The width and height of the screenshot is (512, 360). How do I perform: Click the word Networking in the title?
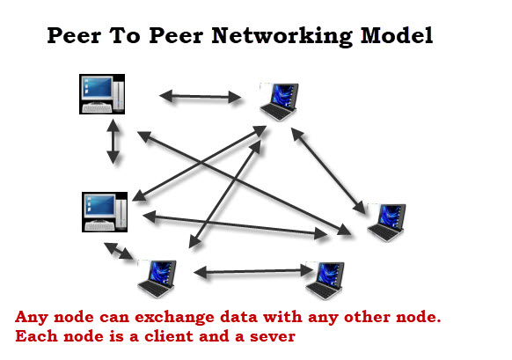[x=282, y=36]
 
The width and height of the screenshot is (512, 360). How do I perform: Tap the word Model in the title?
[x=397, y=35]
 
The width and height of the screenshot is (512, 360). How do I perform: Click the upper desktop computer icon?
[x=102, y=94]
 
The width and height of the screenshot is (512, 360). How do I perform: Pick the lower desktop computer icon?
[x=105, y=212]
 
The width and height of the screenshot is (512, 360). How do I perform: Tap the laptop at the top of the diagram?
[x=280, y=102]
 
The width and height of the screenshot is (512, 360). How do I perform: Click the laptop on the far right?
[x=386, y=223]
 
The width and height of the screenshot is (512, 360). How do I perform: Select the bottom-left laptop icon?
[x=157, y=279]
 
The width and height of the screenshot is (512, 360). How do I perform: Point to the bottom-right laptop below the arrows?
[x=325, y=280]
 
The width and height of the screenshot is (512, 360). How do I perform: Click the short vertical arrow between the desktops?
[x=113, y=142]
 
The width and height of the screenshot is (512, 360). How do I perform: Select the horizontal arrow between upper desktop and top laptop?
[x=201, y=97]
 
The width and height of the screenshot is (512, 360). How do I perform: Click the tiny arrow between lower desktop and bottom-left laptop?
[x=118, y=251]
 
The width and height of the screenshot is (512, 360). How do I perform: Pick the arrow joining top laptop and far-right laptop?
[x=328, y=171]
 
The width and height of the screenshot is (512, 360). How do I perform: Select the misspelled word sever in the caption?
[x=273, y=337]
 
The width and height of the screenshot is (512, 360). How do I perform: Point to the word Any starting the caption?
[x=32, y=318]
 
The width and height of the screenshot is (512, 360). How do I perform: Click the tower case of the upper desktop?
[x=119, y=95]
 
